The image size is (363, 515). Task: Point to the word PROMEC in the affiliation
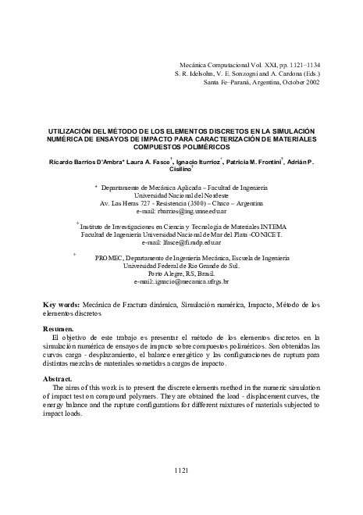pyautogui.click(x=109, y=258)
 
